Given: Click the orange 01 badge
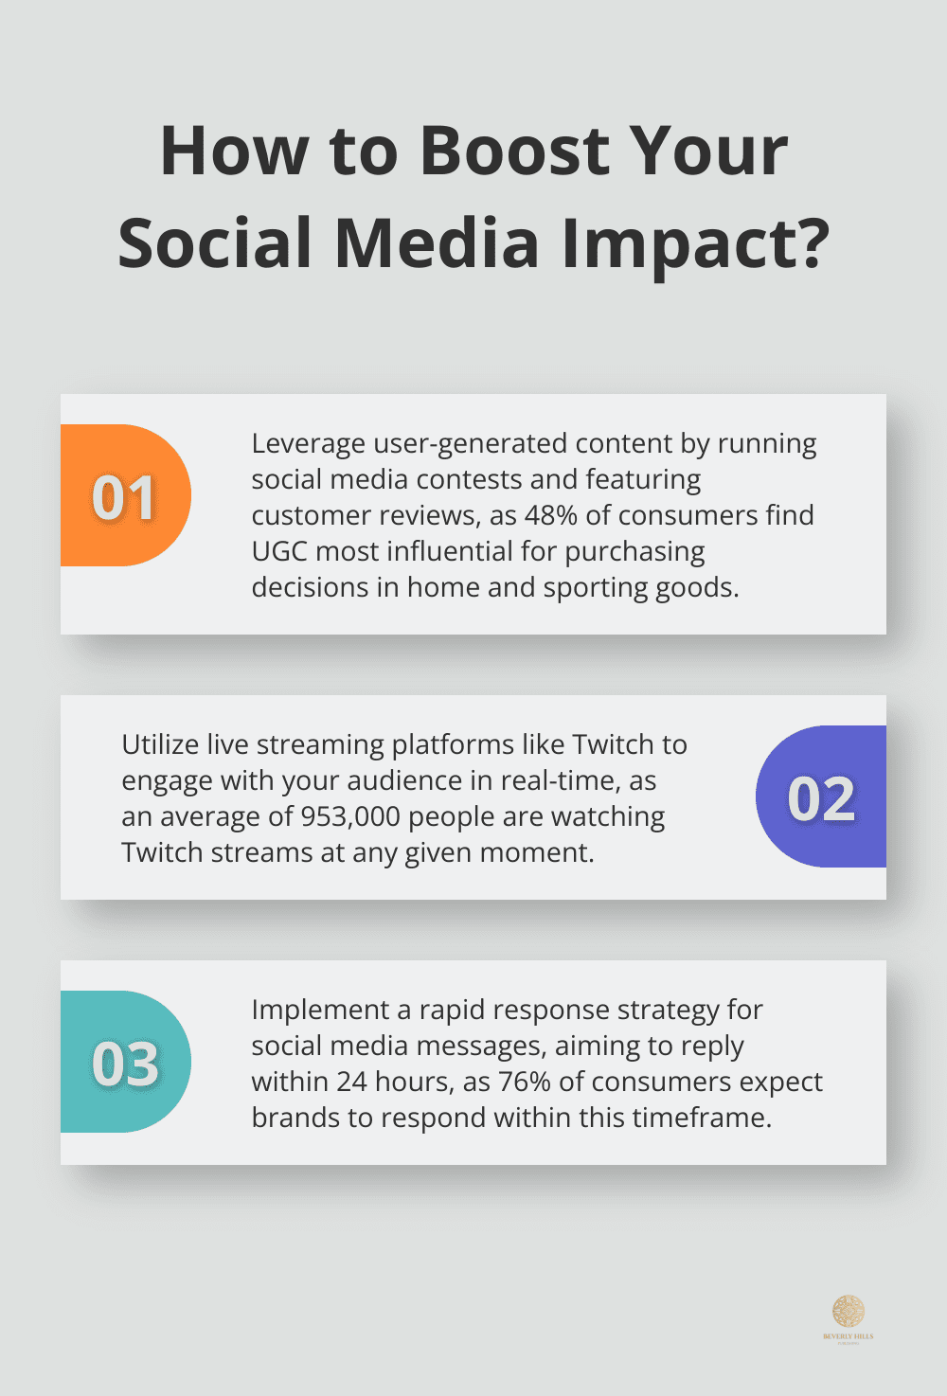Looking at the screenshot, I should pos(125,495).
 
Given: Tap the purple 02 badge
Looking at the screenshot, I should pos(821,796).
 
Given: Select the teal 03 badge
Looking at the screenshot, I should pos(125,1062).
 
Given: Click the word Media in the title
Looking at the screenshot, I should pos(437,243).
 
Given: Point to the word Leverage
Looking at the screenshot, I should pos(308,443).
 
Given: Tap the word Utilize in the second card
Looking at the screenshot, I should pos(159,744).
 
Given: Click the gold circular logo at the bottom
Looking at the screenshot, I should pos(848,1311).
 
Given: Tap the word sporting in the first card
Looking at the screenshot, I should pos(588,587).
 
